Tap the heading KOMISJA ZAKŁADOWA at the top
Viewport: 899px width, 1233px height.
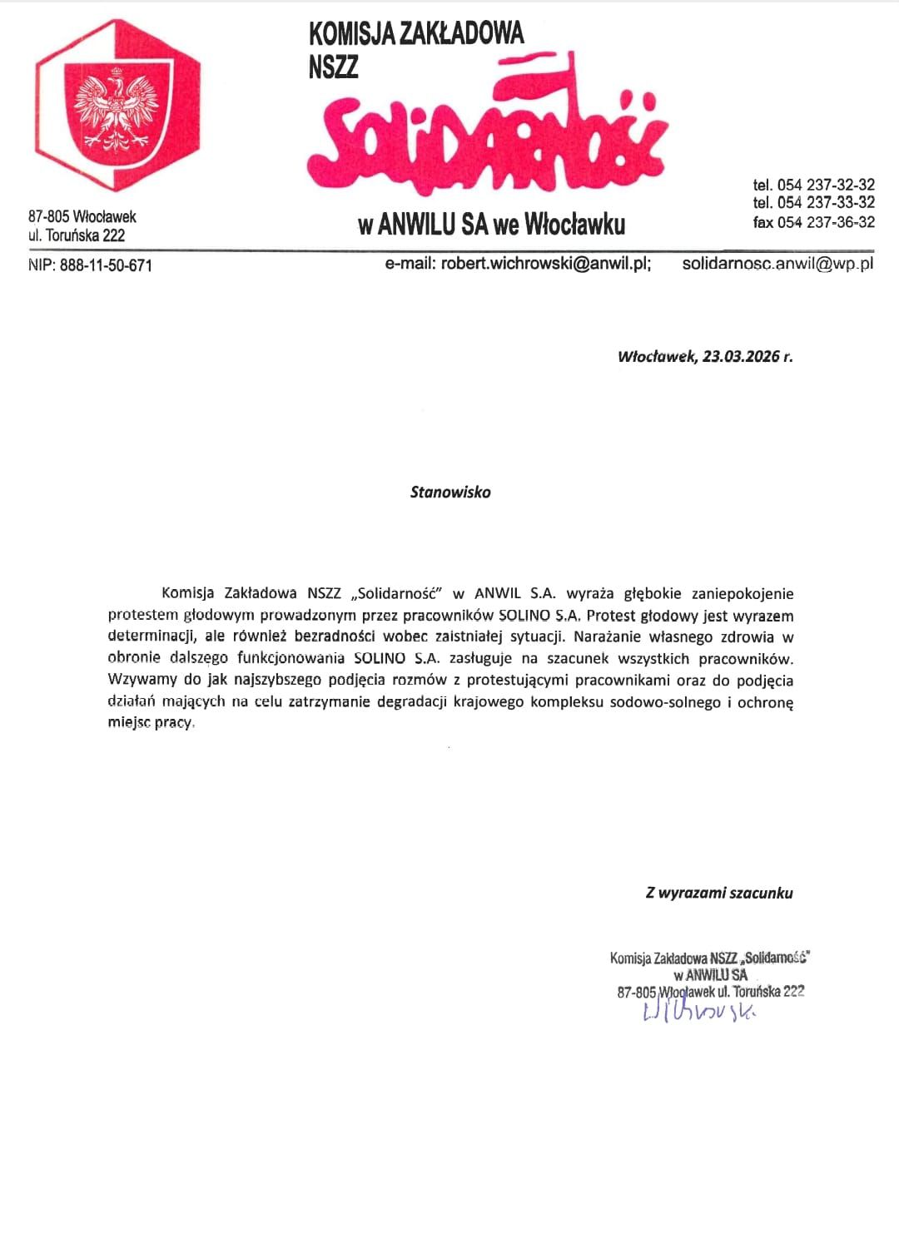click(x=416, y=34)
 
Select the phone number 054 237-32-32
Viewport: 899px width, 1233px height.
click(x=826, y=185)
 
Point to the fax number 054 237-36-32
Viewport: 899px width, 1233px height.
click(x=826, y=222)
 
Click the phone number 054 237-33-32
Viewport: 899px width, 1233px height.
click(x=826, y=203)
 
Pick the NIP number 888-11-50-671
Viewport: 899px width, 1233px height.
click(x=106, y=266)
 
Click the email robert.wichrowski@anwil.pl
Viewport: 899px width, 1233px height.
click(x=545, y=265)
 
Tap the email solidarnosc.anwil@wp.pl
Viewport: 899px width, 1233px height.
click(x=777, y=265)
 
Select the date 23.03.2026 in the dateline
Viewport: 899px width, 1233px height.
click(x=741, y=357)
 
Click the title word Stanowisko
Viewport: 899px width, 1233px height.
click(x=450, y=492)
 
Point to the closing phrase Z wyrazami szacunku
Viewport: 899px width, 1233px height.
click(x=719, y=893)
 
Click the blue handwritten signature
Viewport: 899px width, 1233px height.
click(x=699, y=1010)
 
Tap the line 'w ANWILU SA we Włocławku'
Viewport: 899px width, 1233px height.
click(x=491, y=225)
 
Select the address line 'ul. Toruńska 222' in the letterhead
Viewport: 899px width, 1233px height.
click(x=77, y=235)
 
